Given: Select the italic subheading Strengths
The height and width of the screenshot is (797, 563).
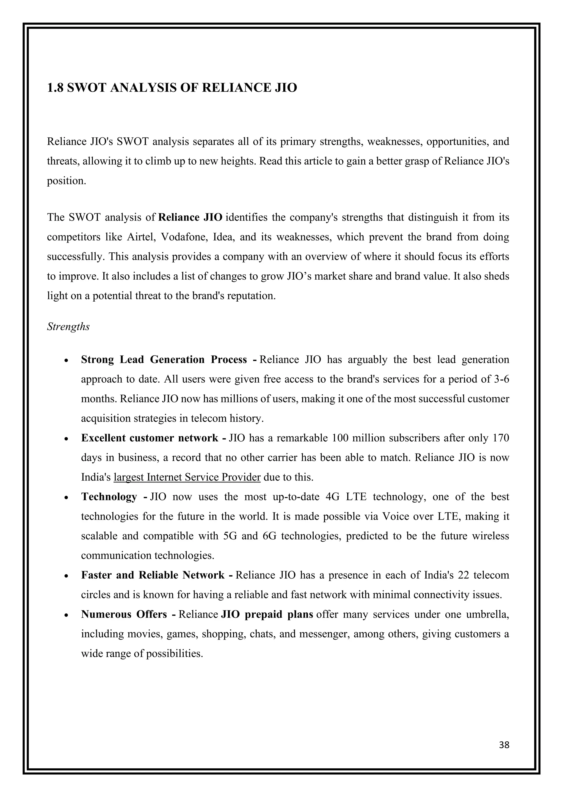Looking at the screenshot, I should [68, 327].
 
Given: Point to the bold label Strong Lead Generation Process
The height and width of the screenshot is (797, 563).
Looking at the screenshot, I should [164, 360].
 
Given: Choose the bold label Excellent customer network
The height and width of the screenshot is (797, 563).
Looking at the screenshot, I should [150, 438].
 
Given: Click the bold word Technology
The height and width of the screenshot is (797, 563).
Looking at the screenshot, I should [109, 497].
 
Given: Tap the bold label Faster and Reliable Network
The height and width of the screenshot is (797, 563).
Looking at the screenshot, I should [153, 575].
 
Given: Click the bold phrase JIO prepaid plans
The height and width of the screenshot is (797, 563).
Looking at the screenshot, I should [267, 615].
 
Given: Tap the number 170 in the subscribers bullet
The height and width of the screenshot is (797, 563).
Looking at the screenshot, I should [501, 438].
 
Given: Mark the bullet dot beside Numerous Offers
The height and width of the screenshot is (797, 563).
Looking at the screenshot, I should [66, 615].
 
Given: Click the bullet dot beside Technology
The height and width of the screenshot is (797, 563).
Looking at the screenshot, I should [66, 497].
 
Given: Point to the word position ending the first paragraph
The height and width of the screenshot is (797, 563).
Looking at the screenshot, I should [65, 181].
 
